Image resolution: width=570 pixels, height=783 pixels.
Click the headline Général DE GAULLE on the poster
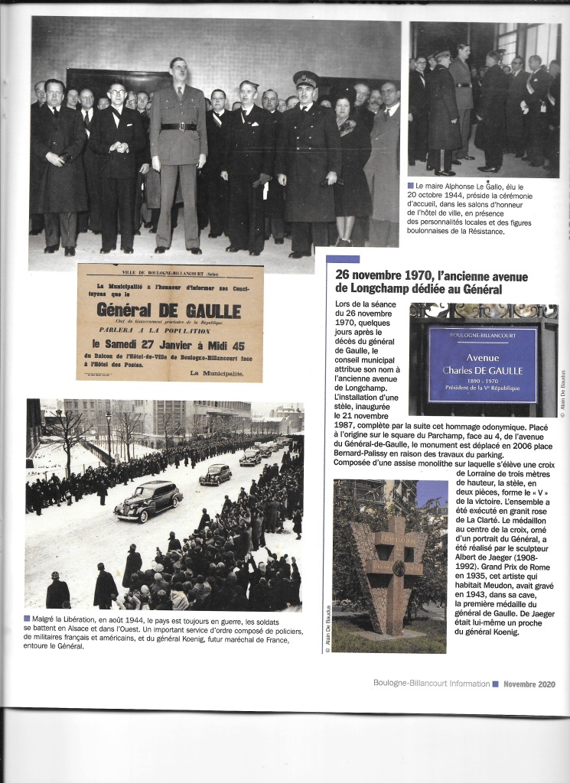(x=168, y=310)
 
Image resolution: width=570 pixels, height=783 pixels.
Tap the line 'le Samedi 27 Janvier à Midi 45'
(x=168, y=344)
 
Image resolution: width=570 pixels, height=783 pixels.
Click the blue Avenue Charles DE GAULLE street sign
(x=482, y=364)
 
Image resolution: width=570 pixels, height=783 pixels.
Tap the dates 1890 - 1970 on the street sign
(x=482, y=379)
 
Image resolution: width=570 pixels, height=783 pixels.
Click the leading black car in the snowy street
(x=148, y=501)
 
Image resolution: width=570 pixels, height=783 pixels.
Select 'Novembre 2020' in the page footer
(x=529, y=684)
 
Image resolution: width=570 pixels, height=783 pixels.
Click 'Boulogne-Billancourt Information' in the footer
(x=432, y=684)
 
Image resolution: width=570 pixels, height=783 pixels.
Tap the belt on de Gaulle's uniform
(x=178, y=126)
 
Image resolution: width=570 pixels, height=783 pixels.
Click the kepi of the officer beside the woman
(x=305, y=78)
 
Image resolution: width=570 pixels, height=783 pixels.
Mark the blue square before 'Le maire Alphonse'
(x=411, y=186)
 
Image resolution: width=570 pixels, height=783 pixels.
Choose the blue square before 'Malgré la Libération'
(x=28, y=619)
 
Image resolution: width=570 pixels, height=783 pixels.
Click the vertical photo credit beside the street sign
(x=562, y=394)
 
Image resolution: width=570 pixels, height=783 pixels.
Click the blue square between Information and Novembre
(x=495, y=684)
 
